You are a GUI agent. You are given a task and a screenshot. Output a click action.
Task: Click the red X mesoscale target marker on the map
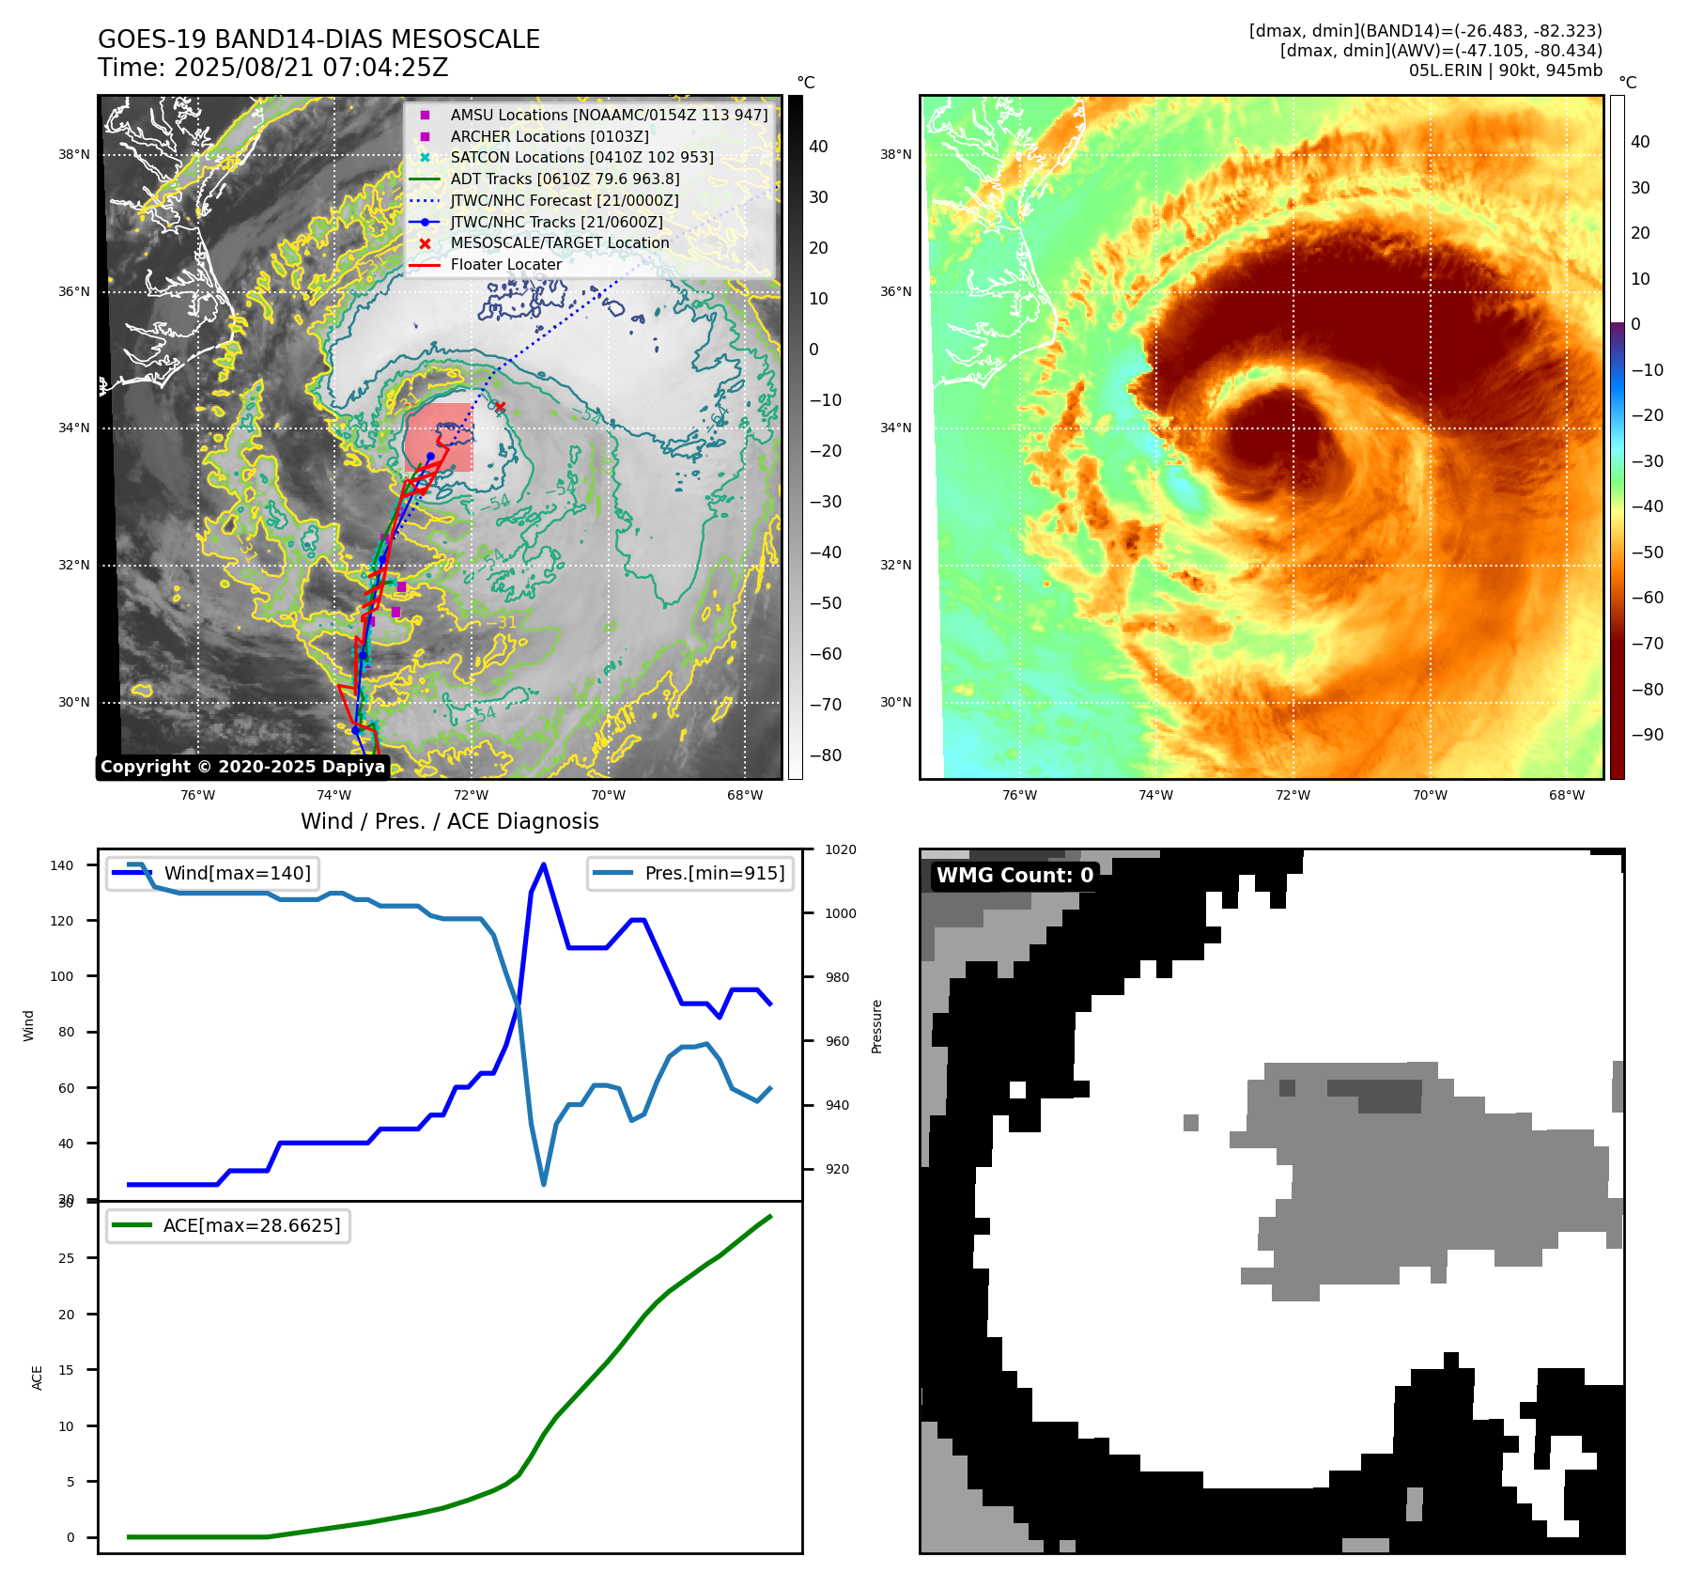500,407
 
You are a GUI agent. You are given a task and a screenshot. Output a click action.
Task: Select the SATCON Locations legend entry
581,158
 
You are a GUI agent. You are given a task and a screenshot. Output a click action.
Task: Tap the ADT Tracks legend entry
565,179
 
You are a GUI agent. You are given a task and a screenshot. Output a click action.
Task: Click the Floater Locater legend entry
505,265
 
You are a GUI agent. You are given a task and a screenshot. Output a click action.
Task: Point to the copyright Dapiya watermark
242,767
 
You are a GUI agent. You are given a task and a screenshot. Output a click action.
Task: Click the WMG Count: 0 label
1014,876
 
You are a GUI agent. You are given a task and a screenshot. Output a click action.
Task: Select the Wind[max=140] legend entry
237,874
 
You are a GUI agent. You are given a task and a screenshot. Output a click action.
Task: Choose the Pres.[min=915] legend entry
714,874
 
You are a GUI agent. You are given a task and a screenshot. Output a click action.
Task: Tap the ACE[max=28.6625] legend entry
251,1226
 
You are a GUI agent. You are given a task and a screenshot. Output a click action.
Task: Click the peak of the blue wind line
544,864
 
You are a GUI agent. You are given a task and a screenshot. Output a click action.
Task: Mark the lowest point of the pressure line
544,1184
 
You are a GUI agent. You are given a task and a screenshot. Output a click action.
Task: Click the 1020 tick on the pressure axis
841,850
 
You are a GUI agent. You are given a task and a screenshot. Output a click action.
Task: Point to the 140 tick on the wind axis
62,865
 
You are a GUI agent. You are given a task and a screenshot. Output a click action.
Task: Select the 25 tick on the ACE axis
66,1258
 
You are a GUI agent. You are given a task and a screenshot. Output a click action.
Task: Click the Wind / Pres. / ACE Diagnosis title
449,821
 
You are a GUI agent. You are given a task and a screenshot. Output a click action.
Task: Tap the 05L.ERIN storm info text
1505,70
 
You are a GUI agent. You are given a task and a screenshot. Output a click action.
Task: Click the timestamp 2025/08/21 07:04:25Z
311,69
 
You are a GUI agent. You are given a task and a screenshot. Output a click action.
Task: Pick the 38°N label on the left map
74,155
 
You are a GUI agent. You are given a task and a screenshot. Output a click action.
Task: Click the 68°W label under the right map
1567,796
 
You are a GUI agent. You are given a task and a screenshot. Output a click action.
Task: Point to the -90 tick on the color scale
1647,735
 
